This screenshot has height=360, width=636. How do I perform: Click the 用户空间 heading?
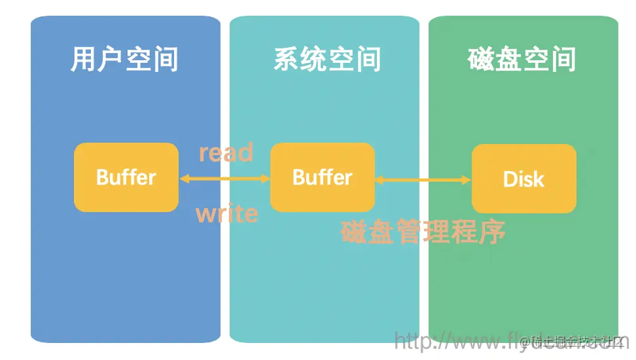124,60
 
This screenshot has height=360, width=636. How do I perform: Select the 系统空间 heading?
327,60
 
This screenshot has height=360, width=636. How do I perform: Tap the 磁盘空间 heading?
521,60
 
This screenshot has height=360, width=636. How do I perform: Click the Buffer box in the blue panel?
126,177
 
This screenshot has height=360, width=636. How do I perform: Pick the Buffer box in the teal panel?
322,177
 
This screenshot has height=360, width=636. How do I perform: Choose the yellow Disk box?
523,179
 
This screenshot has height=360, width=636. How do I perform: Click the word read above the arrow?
226,153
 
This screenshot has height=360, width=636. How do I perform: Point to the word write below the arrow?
226,213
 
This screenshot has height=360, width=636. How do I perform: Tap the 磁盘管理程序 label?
423,232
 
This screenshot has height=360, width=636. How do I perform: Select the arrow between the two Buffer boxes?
224,177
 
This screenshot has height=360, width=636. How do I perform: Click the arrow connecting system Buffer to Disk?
423,179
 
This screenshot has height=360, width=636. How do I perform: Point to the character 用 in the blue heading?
84,60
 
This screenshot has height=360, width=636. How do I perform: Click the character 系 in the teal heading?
286,60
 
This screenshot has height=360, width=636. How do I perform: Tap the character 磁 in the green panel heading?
481,60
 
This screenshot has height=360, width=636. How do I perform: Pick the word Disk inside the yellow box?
523,179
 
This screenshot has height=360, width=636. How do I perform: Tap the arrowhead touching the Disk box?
467,179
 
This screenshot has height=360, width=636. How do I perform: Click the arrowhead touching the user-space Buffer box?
184,177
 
